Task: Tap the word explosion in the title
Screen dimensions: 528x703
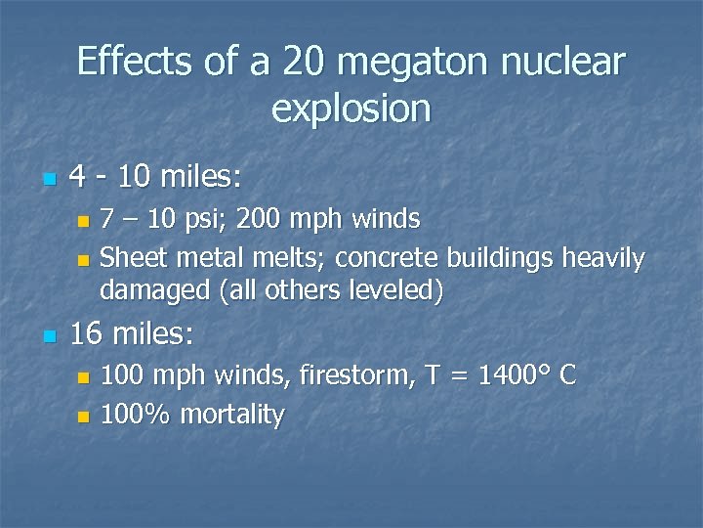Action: pos(351,109)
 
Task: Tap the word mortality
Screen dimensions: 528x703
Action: pos(228,416)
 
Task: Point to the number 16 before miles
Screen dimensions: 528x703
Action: pos(87,335)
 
